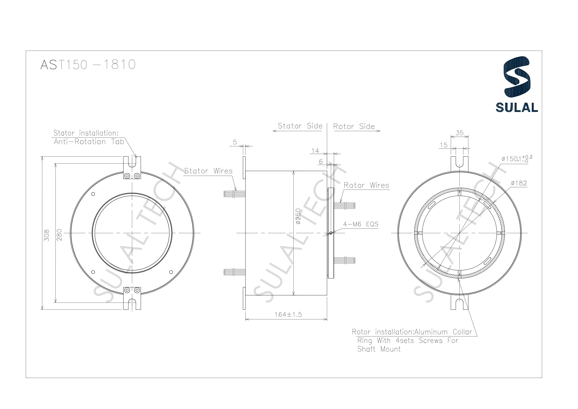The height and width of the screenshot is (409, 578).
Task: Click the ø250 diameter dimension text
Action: point(298,216)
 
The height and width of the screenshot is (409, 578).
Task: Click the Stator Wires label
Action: point(208,171)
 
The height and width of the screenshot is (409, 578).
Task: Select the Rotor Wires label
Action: point(366,185)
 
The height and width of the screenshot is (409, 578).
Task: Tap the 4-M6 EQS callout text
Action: point(361,224)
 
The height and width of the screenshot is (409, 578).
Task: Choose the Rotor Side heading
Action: point(354,126)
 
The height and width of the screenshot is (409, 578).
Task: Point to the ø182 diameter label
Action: point(519,183)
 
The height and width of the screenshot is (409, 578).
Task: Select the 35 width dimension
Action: point(460,133)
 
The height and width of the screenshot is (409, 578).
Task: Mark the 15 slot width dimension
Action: point(444,145)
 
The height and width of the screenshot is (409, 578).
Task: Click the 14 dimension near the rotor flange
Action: point(315,151)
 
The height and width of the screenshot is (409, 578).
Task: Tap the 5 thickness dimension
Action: point(235,142)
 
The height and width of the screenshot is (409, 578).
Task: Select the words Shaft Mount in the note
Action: point(379,349)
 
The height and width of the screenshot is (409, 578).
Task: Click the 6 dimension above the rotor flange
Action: point(321,162)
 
